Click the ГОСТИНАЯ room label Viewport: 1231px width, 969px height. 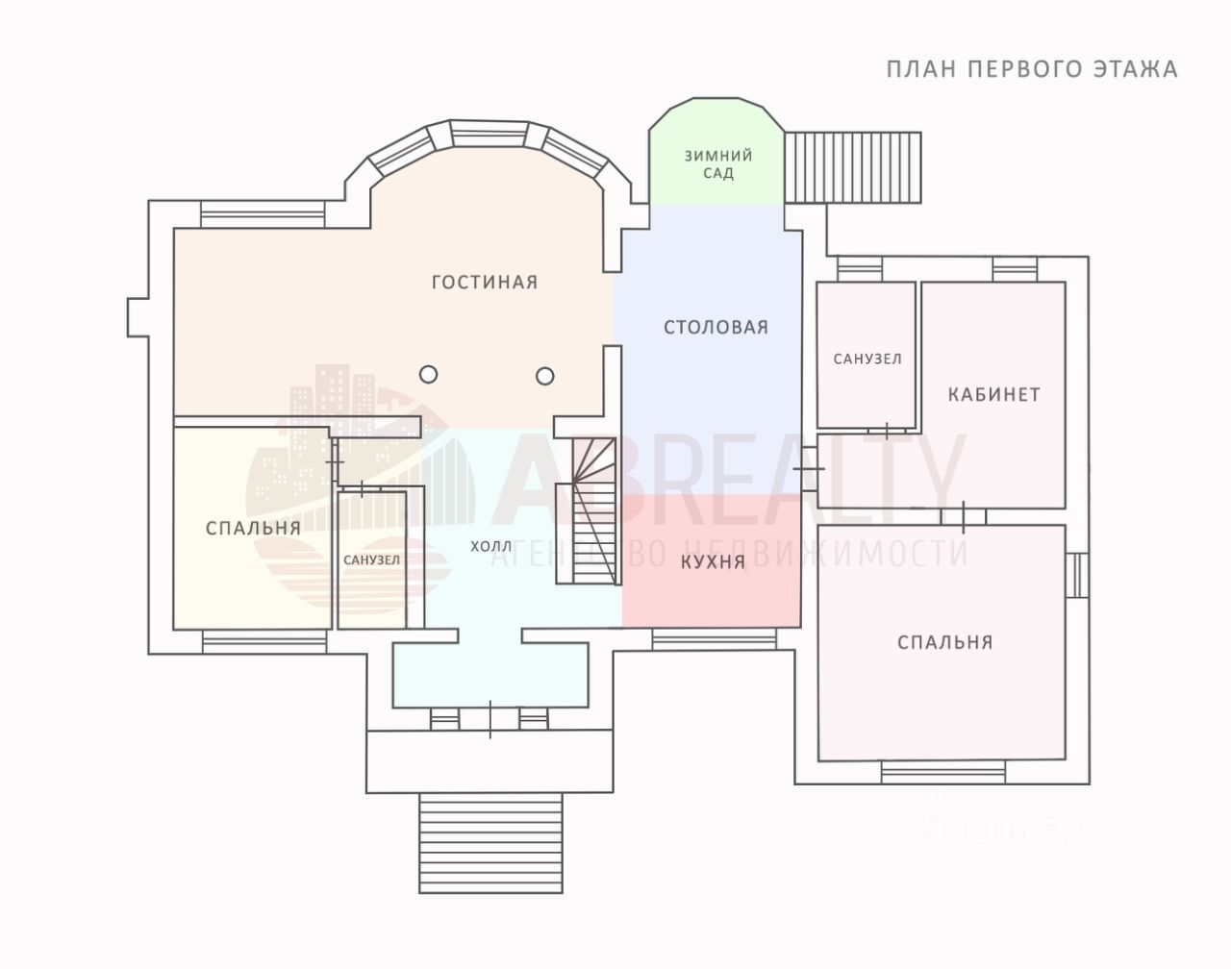click(485, 282)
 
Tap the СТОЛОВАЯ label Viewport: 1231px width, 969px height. click(716, 327)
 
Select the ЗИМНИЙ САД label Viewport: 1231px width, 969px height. click(718, 164)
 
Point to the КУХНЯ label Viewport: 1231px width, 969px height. click(713, 562)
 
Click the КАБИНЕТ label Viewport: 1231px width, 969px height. click(994, 395)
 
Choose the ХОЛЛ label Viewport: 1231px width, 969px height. click(491, 546)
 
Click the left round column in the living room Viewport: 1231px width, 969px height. click(429, 375)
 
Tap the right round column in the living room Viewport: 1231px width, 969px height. click(544, 377)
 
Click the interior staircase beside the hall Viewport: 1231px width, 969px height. click(594, 510)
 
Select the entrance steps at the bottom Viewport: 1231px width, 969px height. click(490, 842)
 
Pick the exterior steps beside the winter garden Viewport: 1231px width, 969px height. click(852, 167)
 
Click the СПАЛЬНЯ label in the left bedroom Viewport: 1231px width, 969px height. click(253, 528)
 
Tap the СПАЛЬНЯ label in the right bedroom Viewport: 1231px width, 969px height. click(945, 642)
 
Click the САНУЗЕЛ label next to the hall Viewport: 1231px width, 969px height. click(372, 560)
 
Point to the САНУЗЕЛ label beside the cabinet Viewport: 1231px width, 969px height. click(867, 359)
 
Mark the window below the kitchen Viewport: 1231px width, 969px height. click(715, 639)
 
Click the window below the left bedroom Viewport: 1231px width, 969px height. click(264, 642)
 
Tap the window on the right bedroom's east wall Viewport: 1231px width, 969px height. click(1076, 575)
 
